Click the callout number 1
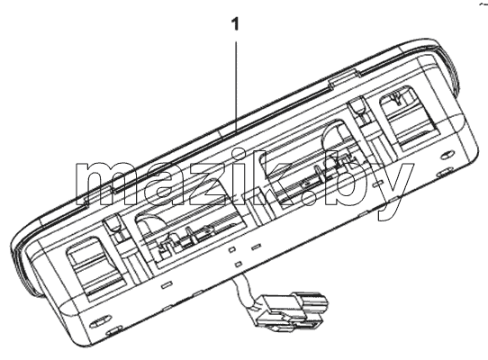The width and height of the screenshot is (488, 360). (x=236, y=24)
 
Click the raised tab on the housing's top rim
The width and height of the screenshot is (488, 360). (x=341, y=78)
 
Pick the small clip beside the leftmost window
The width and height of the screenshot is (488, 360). (x=113, y=225)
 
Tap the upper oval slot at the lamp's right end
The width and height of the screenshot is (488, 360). (x=448, y=156)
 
